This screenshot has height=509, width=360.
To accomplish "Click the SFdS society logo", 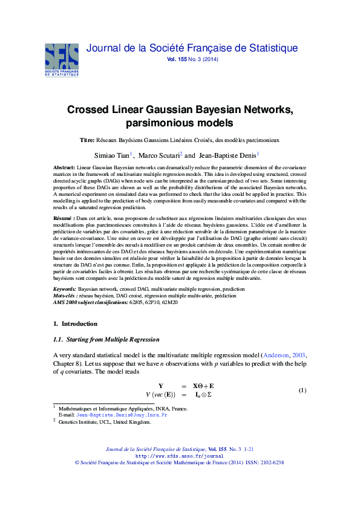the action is [62, 59].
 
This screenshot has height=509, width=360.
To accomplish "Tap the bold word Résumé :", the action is [65, 216].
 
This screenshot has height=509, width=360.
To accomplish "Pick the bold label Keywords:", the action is [65, 290].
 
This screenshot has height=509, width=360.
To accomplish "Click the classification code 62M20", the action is [169, 302].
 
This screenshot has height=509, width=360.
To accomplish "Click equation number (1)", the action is [303, 390].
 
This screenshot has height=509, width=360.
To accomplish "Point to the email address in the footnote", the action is [125, 416].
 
